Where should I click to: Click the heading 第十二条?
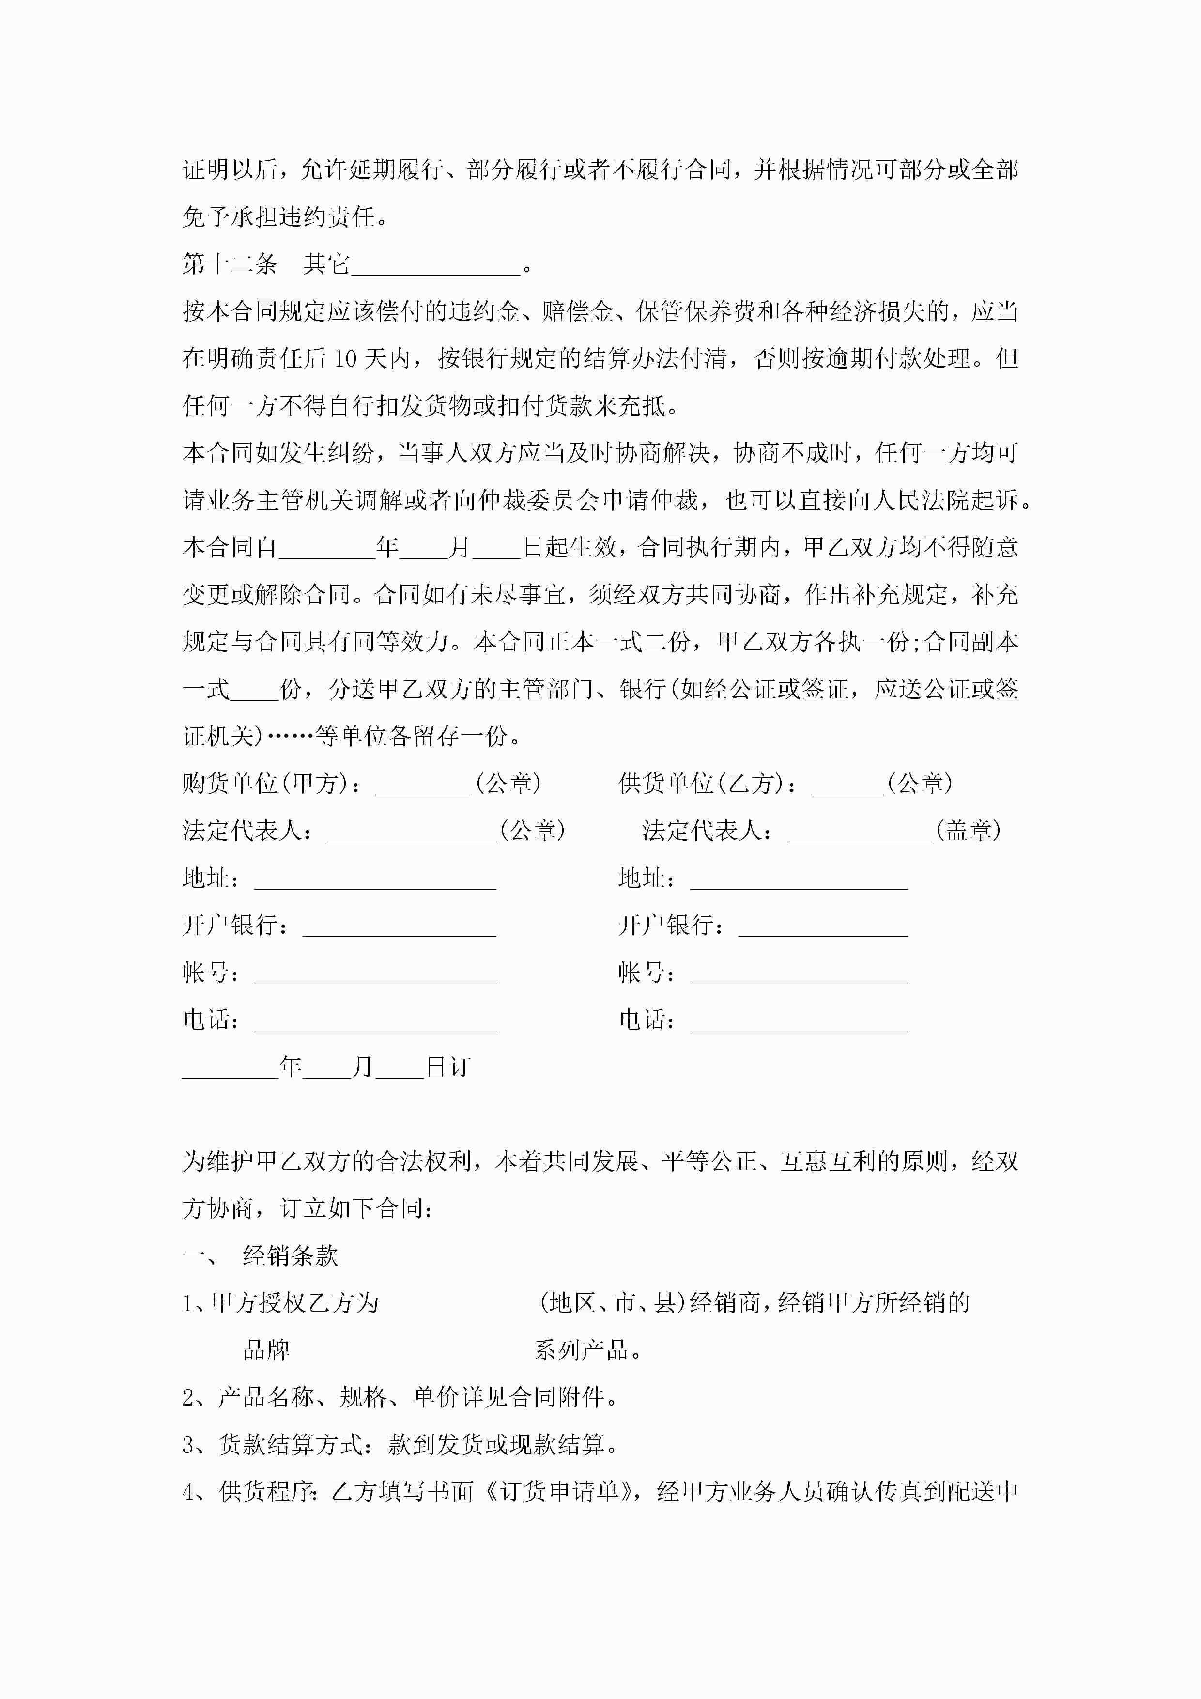(x=230, y=264)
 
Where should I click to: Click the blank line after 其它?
(x=436, y=267)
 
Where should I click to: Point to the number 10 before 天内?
(x=345, y=359)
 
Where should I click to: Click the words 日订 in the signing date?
(x=448, y=1067)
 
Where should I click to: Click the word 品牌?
(x=266, y=1350)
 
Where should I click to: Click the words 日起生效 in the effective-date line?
(x=570, y=548)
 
